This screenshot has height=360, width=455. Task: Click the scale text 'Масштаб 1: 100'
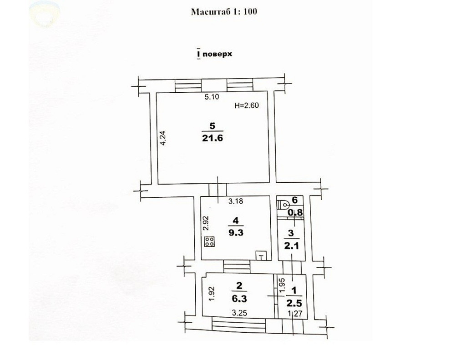[x=223, y=11]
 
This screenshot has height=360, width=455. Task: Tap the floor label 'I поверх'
[x=214, y=54]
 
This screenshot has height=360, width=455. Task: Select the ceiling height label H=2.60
[x=246, y=105]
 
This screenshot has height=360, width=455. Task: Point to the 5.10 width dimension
[x=211, y=97]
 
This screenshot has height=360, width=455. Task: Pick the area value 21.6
[x=211, y=138]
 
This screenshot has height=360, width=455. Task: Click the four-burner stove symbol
[x=209, y=242]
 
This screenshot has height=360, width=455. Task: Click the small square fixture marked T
[x=261, y=255]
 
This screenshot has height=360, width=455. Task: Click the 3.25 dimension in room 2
[x=239, y=313]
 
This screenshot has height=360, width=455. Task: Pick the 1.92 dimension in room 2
[x=211, y=295]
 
